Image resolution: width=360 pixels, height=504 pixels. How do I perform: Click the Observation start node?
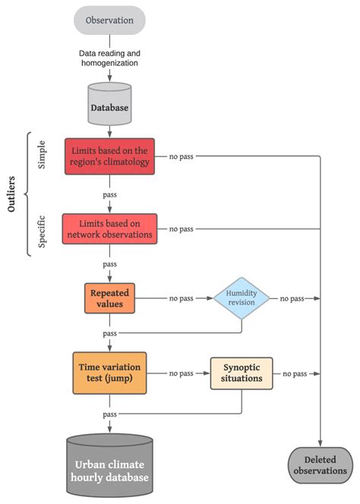[109, 19]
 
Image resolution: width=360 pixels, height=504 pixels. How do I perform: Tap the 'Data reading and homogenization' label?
[109, 58]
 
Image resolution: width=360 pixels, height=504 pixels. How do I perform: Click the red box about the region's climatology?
[109, 156]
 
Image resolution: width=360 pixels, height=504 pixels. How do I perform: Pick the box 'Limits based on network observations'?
[109, 228]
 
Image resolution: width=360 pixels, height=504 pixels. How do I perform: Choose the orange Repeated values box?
[109, 298]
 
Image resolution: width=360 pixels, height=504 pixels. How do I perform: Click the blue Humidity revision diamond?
[242, 298]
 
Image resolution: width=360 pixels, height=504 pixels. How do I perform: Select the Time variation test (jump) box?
[109, 373]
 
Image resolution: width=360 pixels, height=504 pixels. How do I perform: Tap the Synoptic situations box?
[242, 373]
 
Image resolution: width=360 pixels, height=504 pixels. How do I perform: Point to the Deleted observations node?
[321, 465]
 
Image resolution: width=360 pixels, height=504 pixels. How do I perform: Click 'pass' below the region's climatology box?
[109, 194]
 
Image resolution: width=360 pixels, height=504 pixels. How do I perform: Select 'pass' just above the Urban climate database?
[109, 414]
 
